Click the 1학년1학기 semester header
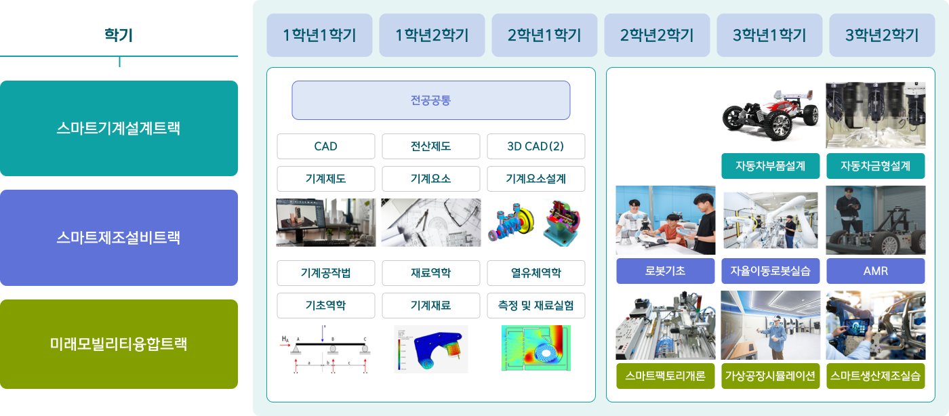click(319, 35)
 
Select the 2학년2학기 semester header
click(657, 35)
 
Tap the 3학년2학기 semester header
click(882, 35)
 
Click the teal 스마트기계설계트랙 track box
click(119, 128)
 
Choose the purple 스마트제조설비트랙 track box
click(119, 238)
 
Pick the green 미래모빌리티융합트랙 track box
click(119, 344)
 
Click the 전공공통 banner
click(431, 100)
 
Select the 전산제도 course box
click(431, 146)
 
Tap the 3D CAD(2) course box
click(536, 146)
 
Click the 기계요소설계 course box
click(536, 179)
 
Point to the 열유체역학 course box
click(536, 273)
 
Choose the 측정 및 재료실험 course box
click(536, 306)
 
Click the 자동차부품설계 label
click(771, 166)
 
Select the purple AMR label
click(876, 271)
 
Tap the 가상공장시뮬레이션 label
click(771, 376)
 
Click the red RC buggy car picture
click(771, 115)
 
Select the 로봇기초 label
click(666, 271)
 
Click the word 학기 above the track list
click(119, 35)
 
